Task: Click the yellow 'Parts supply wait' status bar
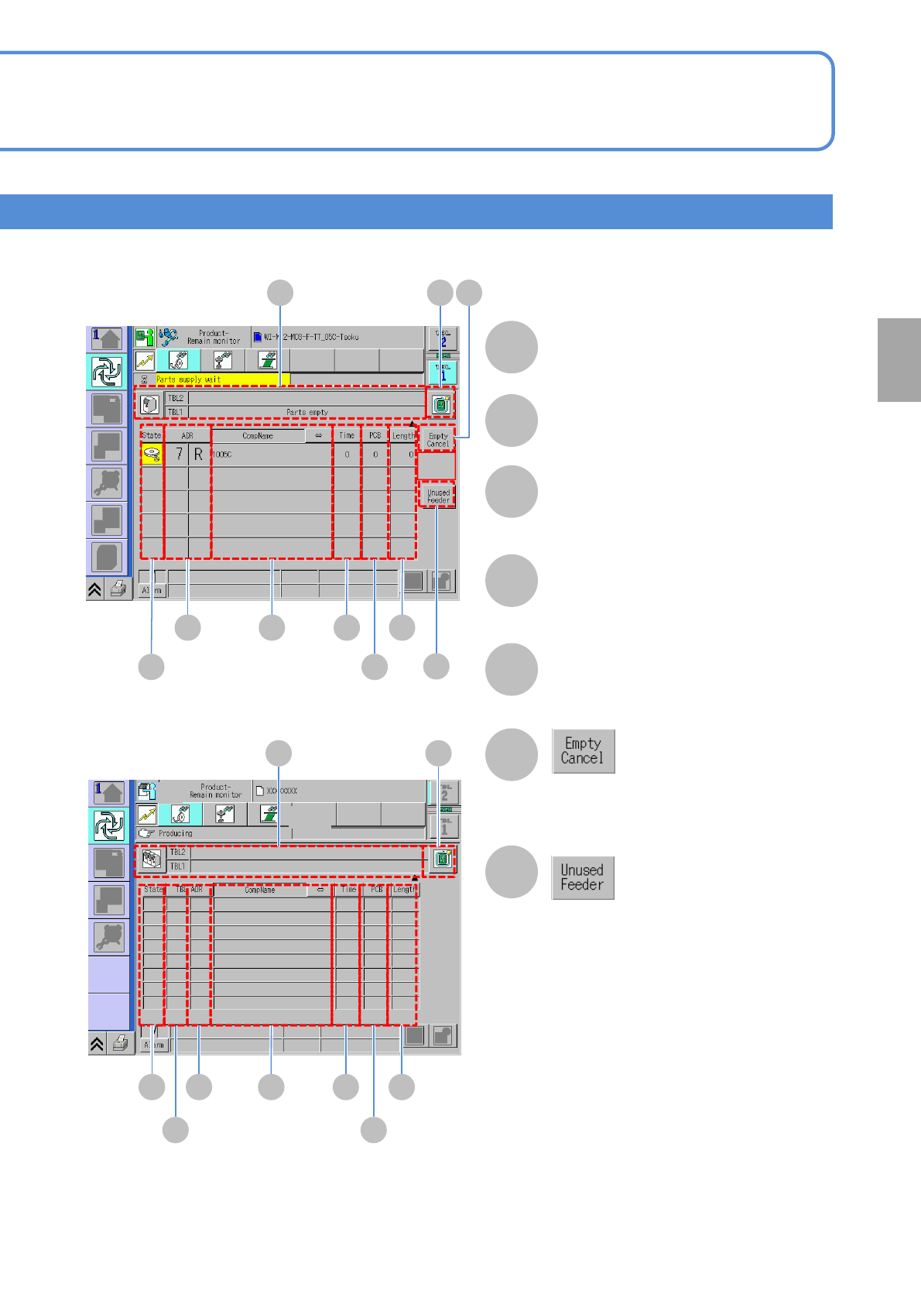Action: coord(222,379)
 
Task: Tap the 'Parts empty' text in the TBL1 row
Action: coord(307,412)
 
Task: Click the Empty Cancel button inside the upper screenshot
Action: coord(438,440)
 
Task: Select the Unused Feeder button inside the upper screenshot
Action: coord(438,496)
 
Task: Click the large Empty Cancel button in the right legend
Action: coord(583,751)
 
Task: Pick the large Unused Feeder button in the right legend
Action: coord(583,877)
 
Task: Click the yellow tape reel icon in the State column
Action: coord(152,455)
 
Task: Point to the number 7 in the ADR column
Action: coord(179,455)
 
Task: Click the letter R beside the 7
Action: coord(199,455)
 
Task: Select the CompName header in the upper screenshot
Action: coord(258,436)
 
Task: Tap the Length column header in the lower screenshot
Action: coord(404,890)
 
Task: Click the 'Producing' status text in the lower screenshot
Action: coord(176,833)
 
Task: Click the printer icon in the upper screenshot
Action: coord(118,590)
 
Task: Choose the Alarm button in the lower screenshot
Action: coord(154,1045)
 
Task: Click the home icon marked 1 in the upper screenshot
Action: coord(107,338)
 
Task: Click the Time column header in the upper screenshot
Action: coord(347,436)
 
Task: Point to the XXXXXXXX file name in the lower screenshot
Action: coord(282,791)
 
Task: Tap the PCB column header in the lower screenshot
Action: coord(376,890)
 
